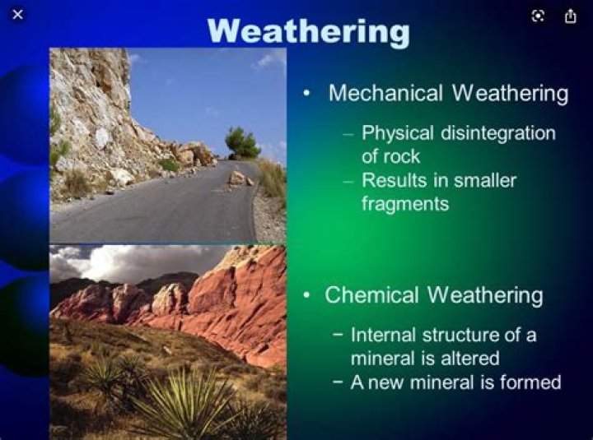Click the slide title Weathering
click(308, 30)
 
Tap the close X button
click(18, 15)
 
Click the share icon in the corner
click(570, 16)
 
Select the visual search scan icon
click(538, 16)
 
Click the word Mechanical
click(387, 93)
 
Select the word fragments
click(405, 203)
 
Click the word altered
click(472, 359)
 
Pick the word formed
click(533, 382)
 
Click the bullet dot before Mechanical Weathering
click(307, 94)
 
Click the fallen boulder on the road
click(239, 178)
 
